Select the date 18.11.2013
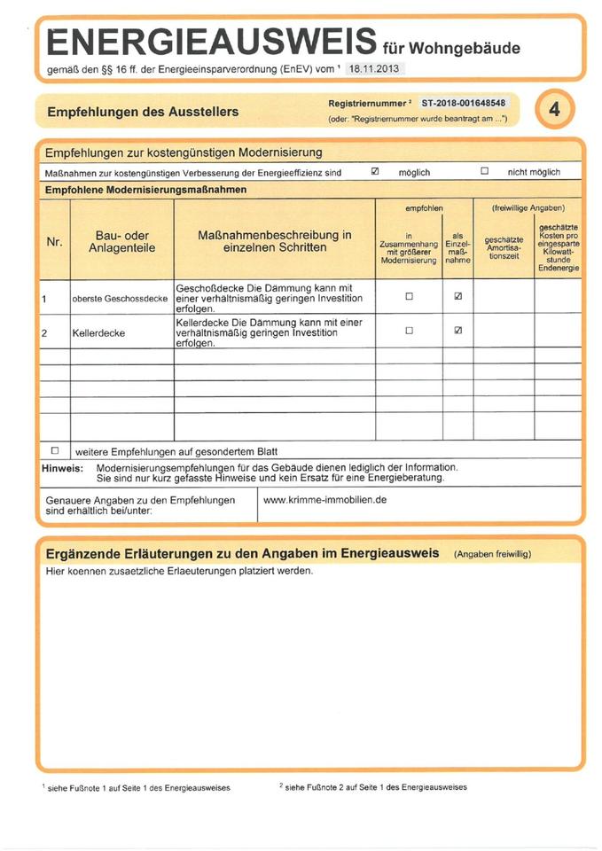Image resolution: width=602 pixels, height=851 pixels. (x=373, y=67)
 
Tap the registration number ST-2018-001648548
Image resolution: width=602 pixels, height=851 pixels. (x=463, y=104)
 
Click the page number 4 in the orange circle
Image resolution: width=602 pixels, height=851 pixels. (x=555, y=110)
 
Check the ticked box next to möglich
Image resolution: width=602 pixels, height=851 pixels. (x=374, y=171)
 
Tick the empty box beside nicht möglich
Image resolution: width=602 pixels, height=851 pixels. (x=484, y=171)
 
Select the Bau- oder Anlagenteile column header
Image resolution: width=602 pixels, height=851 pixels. (x=121, y=242)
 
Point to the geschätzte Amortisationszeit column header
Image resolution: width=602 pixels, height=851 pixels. (x=504, y=247)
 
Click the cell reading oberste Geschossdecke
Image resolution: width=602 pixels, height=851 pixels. (x=121, y=300)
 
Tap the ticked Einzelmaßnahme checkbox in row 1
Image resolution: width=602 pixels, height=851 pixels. (x=457, y=296)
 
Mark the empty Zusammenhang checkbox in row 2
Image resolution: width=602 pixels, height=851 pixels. (x=409, y=330)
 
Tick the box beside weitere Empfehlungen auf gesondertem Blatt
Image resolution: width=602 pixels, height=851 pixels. (x=55, y=449)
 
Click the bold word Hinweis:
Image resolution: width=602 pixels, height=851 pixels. (x=63, y=467)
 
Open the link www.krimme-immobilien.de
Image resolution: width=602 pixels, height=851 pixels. (x=325, y=500)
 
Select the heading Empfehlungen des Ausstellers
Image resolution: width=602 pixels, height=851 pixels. (x=142, y=113)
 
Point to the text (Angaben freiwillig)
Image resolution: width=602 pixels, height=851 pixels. (x=492, y=554)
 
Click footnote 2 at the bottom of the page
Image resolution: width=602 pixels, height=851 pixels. (x=372, y=787)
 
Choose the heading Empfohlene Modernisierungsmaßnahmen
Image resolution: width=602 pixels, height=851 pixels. (x=145, y=190)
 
